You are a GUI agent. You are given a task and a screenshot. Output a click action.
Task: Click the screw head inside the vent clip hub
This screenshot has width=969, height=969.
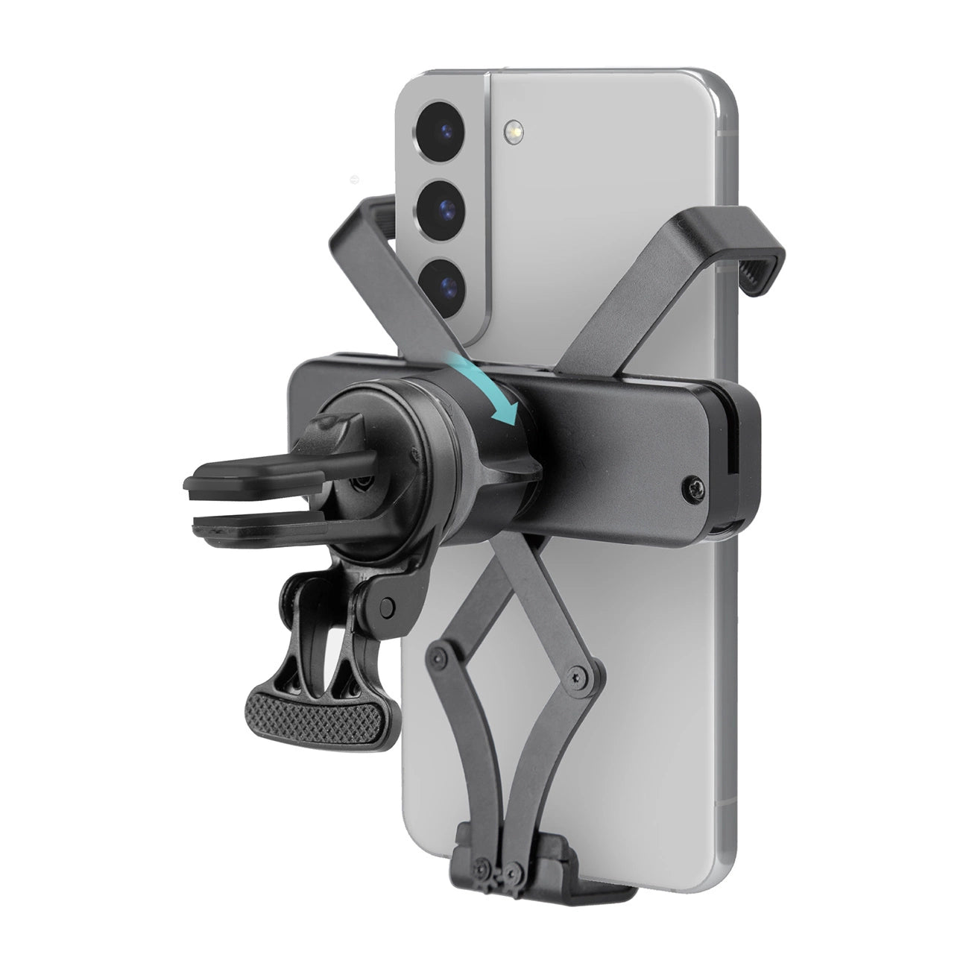pos(363,482)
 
